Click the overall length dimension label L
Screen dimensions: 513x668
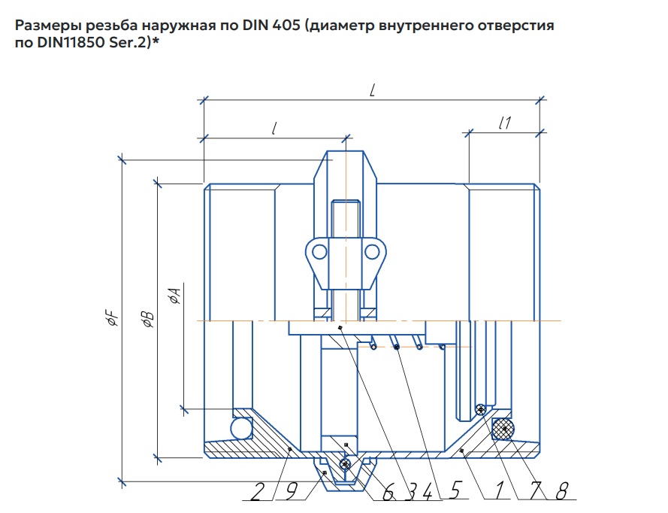(x=373, y=90)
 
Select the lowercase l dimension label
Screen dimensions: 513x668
(x=275, y=128)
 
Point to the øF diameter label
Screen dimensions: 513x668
(x=113, y=320)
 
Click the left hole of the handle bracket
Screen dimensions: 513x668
(x=319, y=251)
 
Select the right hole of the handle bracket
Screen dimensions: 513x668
(x=371, y=251)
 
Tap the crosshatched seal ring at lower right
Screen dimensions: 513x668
(x=502, y=430)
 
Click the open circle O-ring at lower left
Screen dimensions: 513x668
(x=241, y=428)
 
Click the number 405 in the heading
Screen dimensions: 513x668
(x=276, y=26)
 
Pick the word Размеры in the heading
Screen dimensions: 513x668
(x=42, y=26)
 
